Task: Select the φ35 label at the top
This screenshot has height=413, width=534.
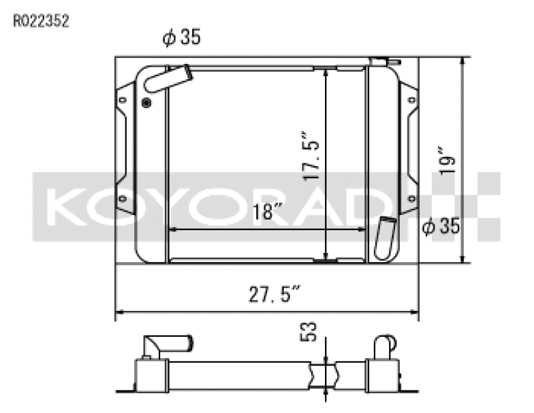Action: (181, 39)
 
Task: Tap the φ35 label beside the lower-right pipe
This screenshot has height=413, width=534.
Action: (442, 227)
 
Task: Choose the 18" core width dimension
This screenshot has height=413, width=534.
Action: (268, 212)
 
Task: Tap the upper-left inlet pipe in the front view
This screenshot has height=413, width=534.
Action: (167, 79)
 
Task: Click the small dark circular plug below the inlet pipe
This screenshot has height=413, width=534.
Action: (147, 102)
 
